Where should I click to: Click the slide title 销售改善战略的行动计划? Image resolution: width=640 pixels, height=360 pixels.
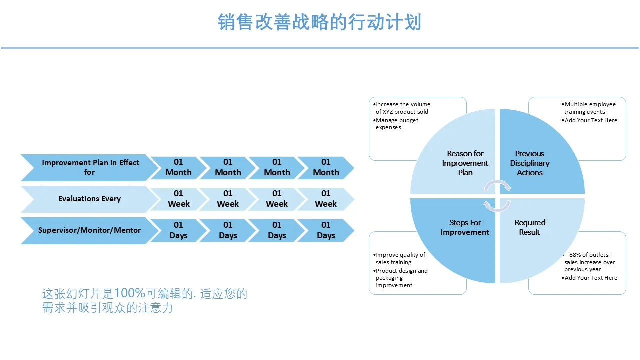(x=319, y=22)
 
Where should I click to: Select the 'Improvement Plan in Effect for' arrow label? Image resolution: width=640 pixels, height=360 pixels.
(x=90, y=167)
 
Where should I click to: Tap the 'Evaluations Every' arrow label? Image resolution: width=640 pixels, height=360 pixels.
(x=89, y=199)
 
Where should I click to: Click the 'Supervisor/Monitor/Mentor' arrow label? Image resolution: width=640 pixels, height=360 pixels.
(x=89, y=230)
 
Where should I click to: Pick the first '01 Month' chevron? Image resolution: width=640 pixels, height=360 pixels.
(x=178, y=167)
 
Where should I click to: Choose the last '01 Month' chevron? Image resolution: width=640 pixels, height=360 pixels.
(x=326, y=167)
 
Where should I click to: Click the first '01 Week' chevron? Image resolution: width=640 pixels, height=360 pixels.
(x=178, y=199)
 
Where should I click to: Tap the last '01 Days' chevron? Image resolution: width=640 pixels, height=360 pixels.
(x=326, y=230)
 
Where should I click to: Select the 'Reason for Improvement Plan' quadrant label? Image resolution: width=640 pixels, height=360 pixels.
(x=465, y=163)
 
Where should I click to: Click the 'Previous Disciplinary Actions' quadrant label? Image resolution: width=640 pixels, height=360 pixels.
(x=529, y=163)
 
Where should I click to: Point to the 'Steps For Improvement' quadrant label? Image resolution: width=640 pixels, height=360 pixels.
(x=465, y=227)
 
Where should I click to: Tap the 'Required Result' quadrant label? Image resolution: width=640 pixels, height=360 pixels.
(x=530, y=227)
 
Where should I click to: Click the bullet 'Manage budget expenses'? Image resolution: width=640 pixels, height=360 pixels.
(x=396, y=124)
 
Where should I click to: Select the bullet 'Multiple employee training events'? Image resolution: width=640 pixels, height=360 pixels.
(x=589, y=108)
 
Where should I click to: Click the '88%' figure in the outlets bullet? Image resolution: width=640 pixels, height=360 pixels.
(x=574, y=255)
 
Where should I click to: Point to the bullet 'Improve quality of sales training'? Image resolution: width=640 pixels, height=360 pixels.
(x=399, y=259)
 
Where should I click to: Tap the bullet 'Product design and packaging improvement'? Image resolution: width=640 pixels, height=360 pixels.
(x=401, y=278)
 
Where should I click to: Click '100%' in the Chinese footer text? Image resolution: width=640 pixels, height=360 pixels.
(x=130, y=293)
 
